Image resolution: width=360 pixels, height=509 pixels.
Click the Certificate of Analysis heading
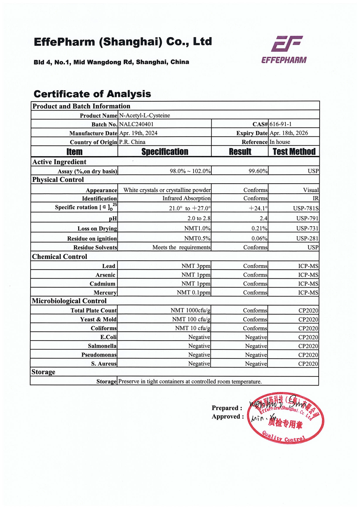coord(92,94)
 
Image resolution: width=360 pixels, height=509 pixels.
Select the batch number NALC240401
coord(136,124)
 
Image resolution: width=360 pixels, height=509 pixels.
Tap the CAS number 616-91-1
coord(280,124)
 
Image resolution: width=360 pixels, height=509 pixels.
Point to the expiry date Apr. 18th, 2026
coord(289,133)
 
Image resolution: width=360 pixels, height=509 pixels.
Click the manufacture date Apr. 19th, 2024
coord(138,133)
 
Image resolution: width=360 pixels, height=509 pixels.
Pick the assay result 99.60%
coord(258,171)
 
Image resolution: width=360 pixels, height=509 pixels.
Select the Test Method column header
coord(294,152)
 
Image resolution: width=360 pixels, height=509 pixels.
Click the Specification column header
coord(165,152)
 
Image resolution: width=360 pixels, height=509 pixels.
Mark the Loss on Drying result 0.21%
coord(259,228)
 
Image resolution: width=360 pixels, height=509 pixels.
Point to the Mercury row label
coord(105,293)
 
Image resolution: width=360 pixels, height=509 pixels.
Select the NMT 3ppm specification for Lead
coord(196,266)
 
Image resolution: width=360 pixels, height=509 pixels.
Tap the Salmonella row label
coord(102,346)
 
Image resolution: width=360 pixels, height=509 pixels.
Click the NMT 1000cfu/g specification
coord(190,310)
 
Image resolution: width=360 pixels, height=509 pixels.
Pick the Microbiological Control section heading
coord(69,301)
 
